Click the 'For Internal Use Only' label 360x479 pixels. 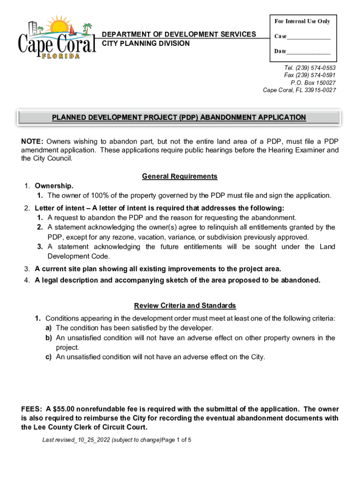(x=302, y=22)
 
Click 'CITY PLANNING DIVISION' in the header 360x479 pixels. (x=146, y=44)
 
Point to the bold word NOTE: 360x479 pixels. (x=32, y=142)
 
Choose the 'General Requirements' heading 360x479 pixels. (x=180, y=176)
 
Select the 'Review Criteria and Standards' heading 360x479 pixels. (x=185, y=305)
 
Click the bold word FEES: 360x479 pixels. (x=32, y=409)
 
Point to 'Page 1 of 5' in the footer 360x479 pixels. (x=176, y=440)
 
